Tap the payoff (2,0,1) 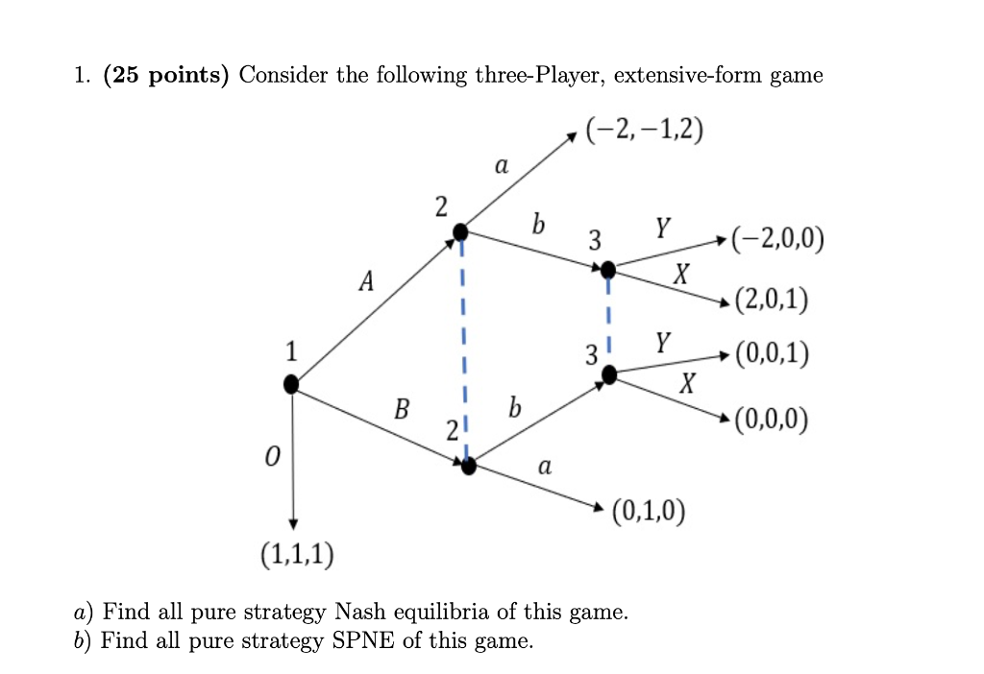click(770, 301)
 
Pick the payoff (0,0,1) click(770, 356)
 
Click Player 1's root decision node click(292, 385)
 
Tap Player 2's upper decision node click(461, 231)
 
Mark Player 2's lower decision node click(469, 467)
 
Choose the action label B click(402, 410)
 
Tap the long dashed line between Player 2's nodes click(464, 346)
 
